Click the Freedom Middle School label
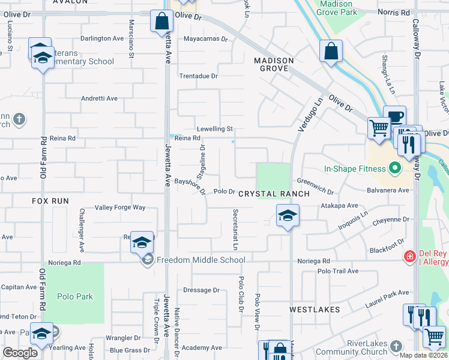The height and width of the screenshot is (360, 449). (200, 260)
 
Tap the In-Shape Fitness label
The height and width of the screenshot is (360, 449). (354, 169)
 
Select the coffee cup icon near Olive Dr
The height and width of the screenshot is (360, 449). (394, 116)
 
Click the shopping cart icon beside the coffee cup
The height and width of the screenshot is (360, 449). (378, 127)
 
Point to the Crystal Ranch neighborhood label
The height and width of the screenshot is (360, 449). (274, 194)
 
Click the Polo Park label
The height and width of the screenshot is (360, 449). (75, 296)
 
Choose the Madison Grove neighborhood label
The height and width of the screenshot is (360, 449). (274, 64)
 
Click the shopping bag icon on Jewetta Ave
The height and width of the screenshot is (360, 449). (162, 22)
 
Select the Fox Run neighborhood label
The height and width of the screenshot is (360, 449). (50, 201)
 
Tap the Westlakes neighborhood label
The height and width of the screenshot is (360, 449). (315, 310)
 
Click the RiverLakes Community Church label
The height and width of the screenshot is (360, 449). (354, 347)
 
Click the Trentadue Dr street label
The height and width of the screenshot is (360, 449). (199, 76)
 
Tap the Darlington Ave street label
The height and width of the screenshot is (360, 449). (102, 38)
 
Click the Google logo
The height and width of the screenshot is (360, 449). (20, 353)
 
